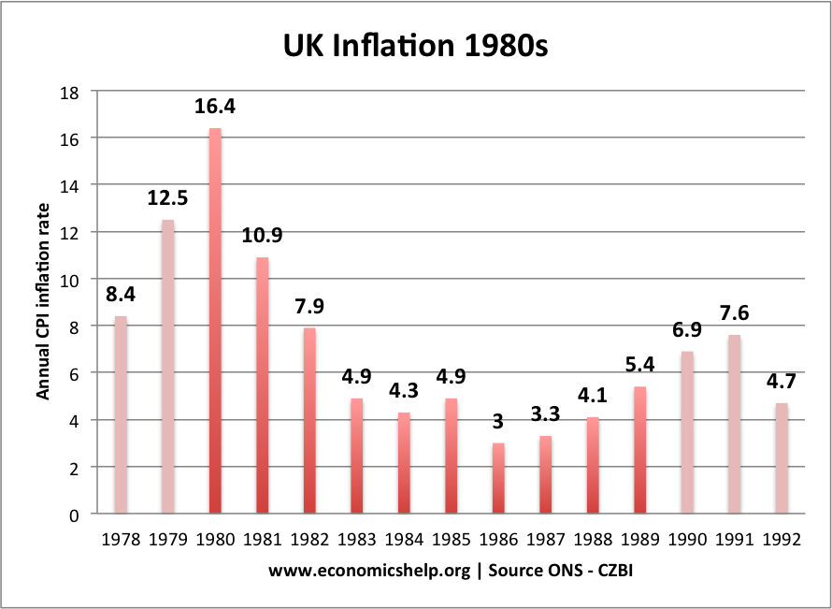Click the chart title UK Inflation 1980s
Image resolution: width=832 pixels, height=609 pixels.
416,46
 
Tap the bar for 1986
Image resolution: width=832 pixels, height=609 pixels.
498,478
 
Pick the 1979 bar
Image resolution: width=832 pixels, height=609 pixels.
167,366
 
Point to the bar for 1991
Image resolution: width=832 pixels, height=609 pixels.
735,424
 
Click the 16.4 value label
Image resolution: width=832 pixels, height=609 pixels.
215,107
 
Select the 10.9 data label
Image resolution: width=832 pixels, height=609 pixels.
263,237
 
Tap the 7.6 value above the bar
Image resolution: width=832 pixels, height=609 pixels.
735,314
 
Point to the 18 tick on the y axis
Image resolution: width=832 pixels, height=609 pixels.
71,92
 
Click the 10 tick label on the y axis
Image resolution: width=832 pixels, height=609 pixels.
71,280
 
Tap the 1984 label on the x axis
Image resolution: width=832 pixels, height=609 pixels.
404,541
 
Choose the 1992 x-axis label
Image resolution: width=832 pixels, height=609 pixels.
782,541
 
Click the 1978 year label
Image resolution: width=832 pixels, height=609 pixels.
121,541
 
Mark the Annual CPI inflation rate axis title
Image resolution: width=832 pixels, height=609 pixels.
43,304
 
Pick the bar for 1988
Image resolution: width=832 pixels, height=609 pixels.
593,465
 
